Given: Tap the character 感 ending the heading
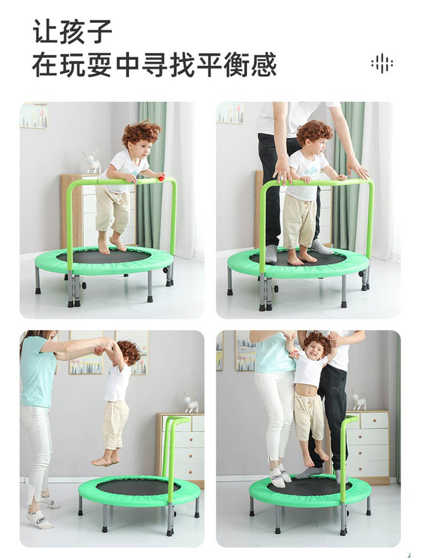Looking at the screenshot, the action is tap(264, 65).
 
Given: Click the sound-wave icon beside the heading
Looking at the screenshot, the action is tap(382, 64).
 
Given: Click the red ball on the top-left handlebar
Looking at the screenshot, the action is tap(161, 177).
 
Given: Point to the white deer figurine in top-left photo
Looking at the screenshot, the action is tap(91, 162).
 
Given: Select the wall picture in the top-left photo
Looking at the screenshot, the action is tap(34, 115).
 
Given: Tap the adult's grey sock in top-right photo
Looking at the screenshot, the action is tap(322, 247).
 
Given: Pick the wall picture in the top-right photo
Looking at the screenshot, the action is tap(230, 113).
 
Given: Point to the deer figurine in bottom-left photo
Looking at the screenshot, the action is tap(191, 402).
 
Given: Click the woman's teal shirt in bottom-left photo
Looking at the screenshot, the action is tap(37, 371).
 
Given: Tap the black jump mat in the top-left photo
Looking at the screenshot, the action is tap(104, 256).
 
